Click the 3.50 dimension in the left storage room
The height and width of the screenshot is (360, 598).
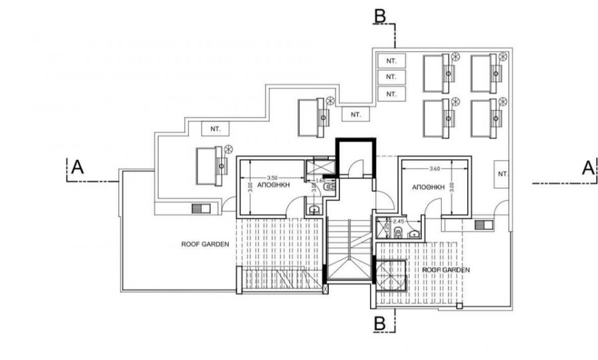[271, 177]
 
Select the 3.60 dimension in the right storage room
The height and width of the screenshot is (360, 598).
[436, 169]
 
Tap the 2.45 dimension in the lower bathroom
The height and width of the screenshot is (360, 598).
[398, 221]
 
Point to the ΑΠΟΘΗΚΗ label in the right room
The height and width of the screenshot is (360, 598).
[428, 188]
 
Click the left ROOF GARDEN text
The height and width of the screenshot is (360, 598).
[205, 244]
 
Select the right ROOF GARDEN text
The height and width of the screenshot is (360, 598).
[447, 270]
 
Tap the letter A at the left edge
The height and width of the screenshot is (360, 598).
[77, 169]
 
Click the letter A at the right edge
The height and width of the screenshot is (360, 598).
[587, 169]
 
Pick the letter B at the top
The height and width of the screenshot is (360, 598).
[379, 15]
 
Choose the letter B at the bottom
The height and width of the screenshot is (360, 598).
[379, 323]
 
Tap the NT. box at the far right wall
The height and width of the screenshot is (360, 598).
[502, 173]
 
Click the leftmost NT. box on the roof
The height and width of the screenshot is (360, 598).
[215, 128]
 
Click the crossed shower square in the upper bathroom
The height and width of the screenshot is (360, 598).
[316, 169]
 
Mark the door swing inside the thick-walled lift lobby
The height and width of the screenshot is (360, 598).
[357, 170]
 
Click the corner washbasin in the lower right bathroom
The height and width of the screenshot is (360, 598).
[414, 233]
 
